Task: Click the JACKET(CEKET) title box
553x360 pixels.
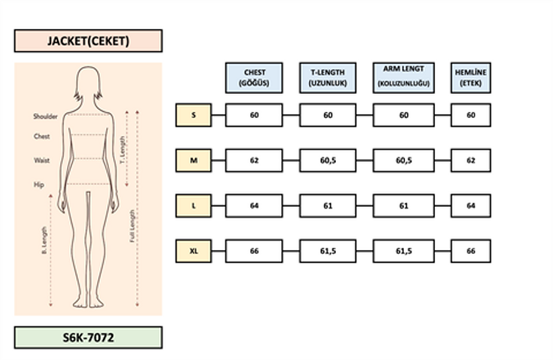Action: [88, 40]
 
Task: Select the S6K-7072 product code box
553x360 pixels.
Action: [88, 337]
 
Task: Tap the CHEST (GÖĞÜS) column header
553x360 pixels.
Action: [254, 78]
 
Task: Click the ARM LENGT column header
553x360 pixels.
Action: [404, 78]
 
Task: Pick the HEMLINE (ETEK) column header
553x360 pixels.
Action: [470, 78]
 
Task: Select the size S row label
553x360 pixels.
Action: [194, 115]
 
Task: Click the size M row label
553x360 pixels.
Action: [194, 160]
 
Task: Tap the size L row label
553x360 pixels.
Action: [194, 205]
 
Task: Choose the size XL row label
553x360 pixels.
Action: [194, 250]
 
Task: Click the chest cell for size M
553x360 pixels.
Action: [254, 160]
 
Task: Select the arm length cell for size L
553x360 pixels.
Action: [404, 205]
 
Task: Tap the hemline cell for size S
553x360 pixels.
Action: [470, 115]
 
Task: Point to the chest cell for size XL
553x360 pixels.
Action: [254, 250]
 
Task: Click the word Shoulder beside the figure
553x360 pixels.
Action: [45, 116]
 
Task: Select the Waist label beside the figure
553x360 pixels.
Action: [42, 159]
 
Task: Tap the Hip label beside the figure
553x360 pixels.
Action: [39, 183]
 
